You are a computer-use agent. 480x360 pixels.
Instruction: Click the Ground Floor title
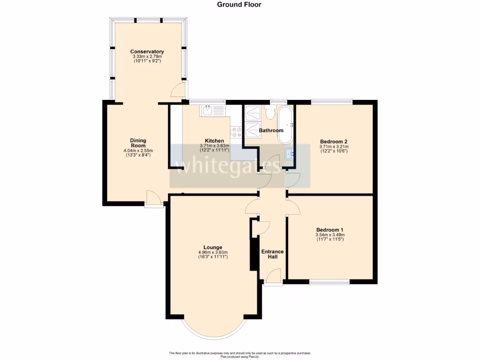coord(239,5)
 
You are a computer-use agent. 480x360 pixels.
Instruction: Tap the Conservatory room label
coord(147,52)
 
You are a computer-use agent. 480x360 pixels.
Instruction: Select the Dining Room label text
coord(138,143)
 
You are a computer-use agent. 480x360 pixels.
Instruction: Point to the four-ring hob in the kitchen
coord(236,132)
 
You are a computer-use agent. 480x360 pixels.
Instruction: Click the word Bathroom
coord(271,130)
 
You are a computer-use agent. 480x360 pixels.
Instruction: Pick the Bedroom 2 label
coord(333,142)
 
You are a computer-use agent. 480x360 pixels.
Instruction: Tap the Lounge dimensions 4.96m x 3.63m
coord(213,252)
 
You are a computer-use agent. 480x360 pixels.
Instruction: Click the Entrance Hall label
coord(272,254)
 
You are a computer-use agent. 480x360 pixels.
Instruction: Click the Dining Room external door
coord(153,199)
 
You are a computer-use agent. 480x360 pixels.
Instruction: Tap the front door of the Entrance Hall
coord(273,277)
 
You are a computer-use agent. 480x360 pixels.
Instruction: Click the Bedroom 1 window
coord(329,282)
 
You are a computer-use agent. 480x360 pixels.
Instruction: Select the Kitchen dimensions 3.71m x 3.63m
coord(214,146)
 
